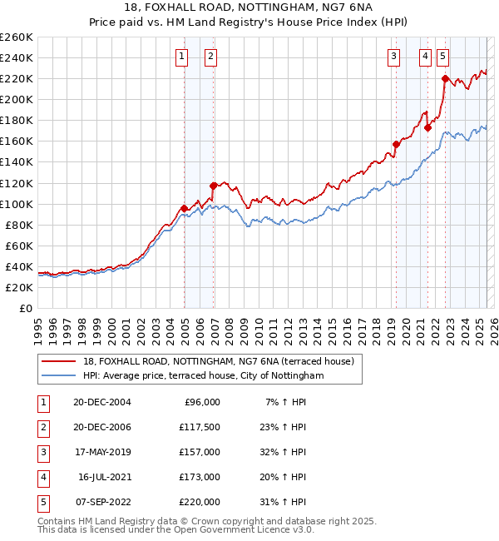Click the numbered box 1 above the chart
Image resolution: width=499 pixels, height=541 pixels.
click(182, 57)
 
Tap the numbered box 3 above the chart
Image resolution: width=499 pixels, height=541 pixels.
click(393, 57)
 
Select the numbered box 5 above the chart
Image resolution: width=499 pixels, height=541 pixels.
click(442, 57)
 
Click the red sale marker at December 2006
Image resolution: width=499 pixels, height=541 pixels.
click(214, 186)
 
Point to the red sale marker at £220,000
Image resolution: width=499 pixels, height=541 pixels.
click(445, 79)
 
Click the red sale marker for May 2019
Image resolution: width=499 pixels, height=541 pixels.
click(396, 144)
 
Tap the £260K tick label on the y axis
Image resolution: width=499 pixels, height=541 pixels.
click(16, 37)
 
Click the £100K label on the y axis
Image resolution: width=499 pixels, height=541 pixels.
click(16, 204)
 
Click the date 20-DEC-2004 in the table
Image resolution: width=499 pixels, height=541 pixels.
click(103, 402)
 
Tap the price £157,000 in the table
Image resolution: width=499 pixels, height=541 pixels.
click(200, 452)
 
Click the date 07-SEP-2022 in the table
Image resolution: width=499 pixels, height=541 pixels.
click(103, 502)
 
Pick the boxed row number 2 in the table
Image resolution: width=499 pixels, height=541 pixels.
click(42, 427)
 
